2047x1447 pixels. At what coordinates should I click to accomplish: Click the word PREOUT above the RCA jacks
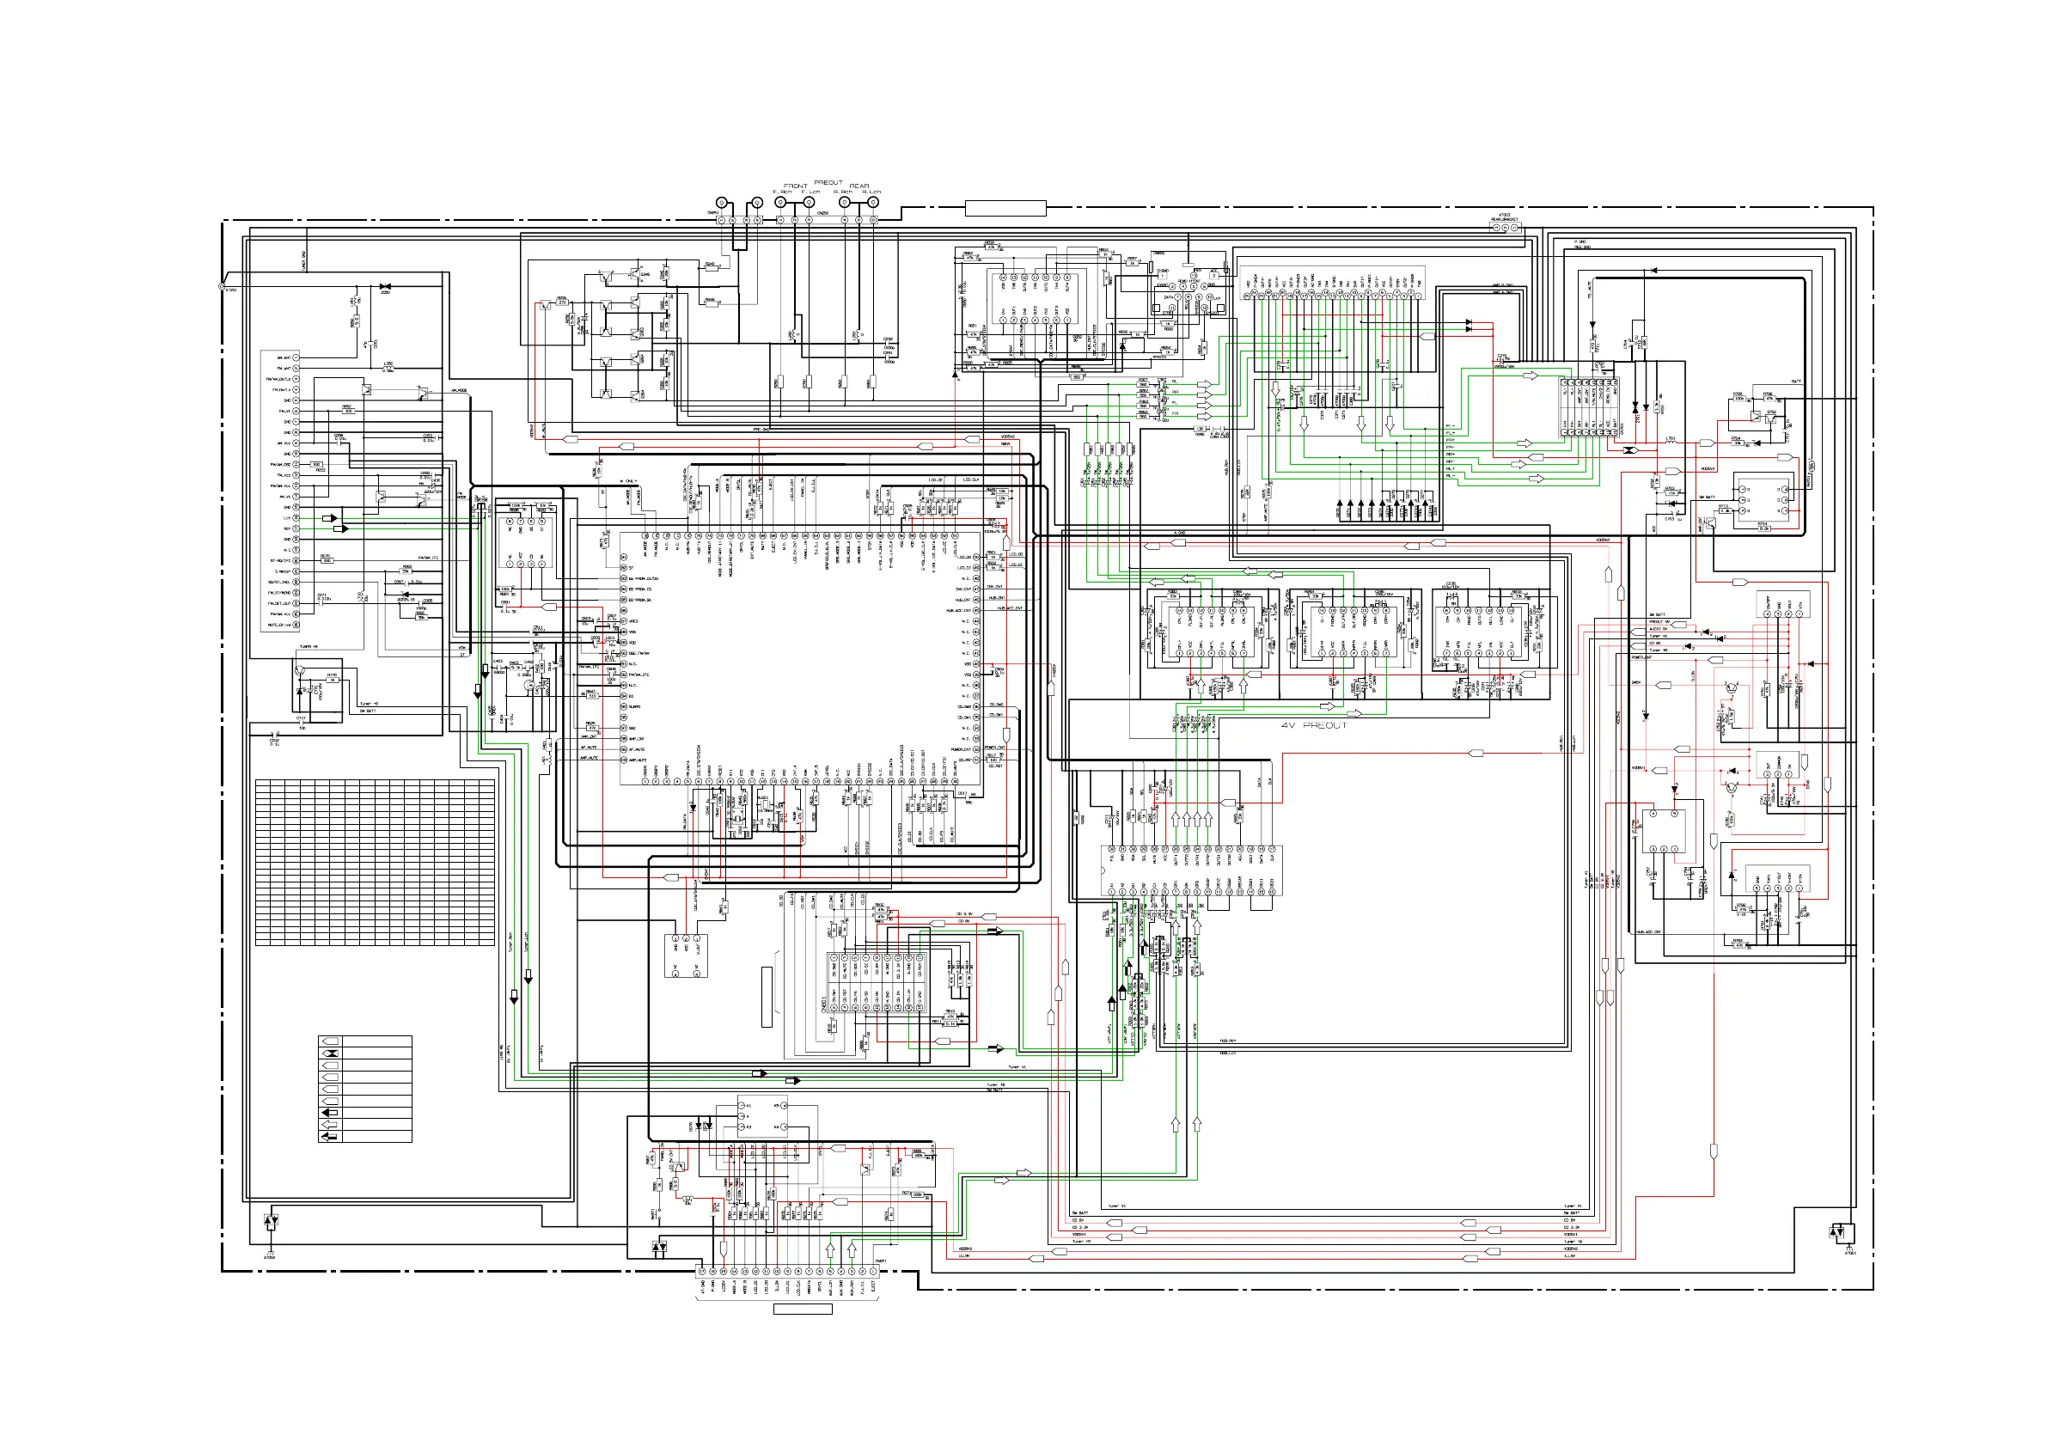click(828, 182)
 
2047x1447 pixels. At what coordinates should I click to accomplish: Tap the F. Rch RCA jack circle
click(780, 203)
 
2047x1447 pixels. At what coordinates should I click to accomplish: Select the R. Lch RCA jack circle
click(873, 203)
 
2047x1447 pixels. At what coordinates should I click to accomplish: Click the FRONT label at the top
click(795, 186)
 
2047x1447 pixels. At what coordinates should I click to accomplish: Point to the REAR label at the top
click(859, 186)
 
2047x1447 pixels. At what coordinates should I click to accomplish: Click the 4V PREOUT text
click(1313, 726)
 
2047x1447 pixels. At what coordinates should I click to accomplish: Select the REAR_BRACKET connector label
click(1505, 218)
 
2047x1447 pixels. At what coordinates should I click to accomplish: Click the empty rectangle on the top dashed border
click(1005, 209)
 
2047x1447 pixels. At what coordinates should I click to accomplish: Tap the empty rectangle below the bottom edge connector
click(803, 1309)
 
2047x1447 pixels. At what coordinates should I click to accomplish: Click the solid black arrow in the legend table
click(330, 1113)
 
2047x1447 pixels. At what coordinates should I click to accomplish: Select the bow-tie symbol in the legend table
click(330, 1053)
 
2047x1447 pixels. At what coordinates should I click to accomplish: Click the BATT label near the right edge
click(1795, 382)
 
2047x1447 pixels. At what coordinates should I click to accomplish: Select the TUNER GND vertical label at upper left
click(304, 259)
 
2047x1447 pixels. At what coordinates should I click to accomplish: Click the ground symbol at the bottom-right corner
click(1837, 1233)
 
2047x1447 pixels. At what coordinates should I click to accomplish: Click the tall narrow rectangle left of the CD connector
click(767, 996)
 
